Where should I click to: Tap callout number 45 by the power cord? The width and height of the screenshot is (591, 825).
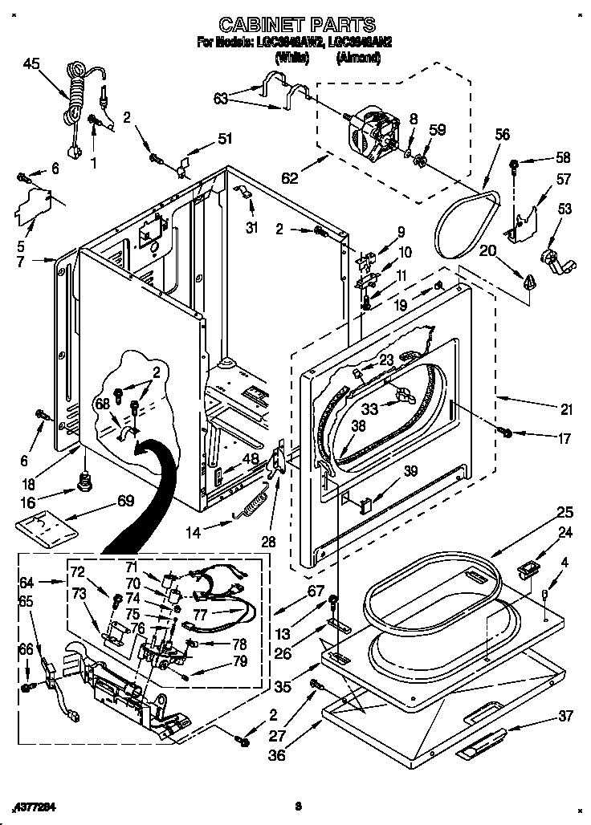pos(31,63)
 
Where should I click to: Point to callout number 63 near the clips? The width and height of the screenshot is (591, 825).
pos(222,98)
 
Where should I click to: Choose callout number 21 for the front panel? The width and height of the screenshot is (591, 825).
pos(567,409)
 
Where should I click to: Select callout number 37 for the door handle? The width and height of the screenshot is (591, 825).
pos(567,716)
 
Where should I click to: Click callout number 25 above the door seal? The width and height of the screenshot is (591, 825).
pos(565,511)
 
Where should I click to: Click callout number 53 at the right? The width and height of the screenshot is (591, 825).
pos(566,209)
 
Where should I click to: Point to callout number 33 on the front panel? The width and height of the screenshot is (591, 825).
pos(369,408)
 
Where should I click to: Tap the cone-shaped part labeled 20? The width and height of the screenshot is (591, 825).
pos(529,280)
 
